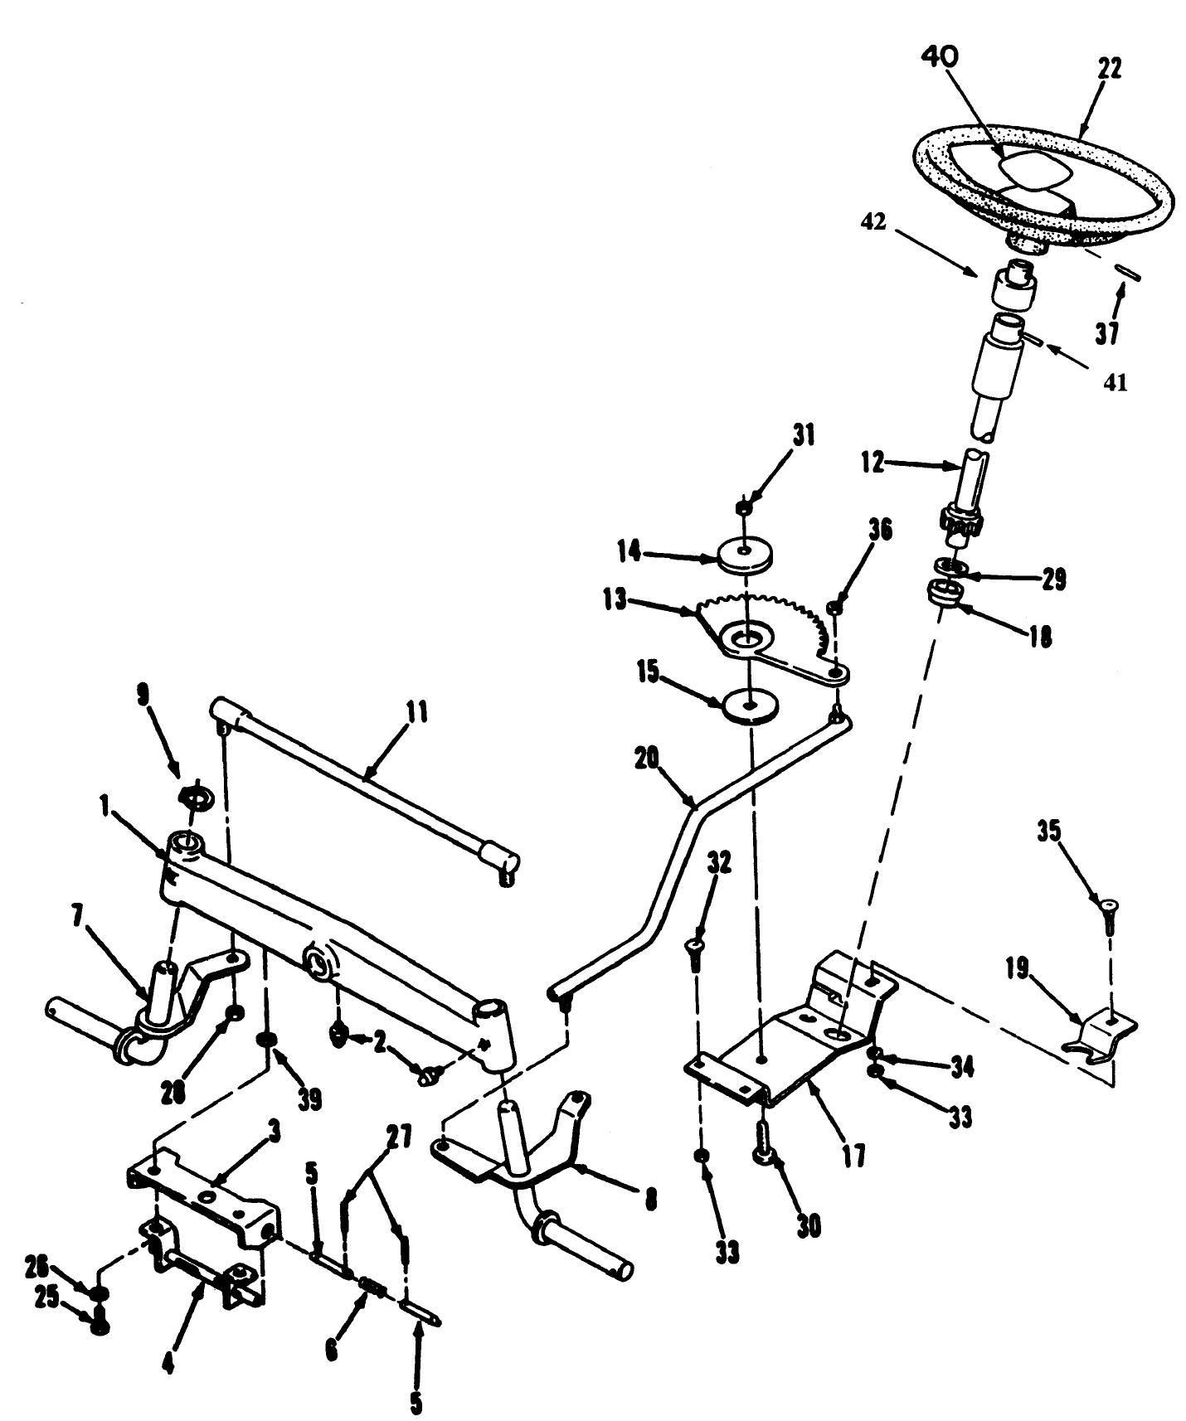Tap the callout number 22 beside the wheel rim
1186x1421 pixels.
point(1110,69)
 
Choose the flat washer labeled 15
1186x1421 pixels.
point(750,706)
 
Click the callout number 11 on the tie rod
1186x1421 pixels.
point(417,711)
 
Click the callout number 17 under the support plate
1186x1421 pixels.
point(853,1155)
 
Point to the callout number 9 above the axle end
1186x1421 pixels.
point(143,694)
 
